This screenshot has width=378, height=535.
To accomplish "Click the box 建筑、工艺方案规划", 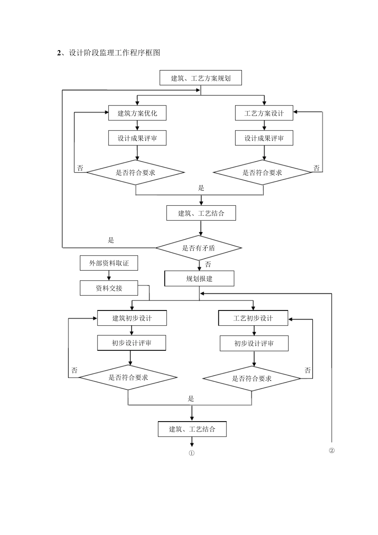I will click(x=201, y=78).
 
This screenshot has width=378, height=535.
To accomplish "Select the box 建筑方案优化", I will click(x=137, y=113).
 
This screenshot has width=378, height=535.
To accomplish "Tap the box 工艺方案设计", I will click(x=264, y=113).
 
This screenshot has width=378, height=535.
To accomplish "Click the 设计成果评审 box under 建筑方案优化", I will click(x=137, y=138).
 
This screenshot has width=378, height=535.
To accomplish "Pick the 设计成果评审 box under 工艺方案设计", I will click(x=264, y=138).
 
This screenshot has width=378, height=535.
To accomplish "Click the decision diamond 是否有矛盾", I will click(x=199, y=248).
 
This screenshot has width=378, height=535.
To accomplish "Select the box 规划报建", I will click(x=199, y=279).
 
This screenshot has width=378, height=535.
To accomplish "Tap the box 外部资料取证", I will click(x=109, y=263).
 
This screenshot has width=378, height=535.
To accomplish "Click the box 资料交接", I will click(x=109, y=288).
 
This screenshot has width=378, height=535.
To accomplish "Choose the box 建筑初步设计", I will click(x=132, y=318).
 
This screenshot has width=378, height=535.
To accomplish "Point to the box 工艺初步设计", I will click(x=253, y=318).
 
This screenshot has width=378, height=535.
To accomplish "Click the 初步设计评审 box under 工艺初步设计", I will click(x=254, y=343).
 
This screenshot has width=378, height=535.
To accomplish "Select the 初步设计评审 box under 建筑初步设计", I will click(x=132, y=343).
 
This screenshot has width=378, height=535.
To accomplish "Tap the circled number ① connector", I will click(x=192, y=453).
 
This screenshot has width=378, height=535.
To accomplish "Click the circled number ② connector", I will click(x=331, y=451).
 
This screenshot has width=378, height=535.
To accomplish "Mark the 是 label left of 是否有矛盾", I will click(x=111, y=240).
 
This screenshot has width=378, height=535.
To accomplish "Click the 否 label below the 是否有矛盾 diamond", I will click(x=208, y=264).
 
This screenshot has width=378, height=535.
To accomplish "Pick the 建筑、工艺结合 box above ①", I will click(x=192, y=429).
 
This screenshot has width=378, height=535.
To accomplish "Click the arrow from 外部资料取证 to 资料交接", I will click(x=109, y=276).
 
